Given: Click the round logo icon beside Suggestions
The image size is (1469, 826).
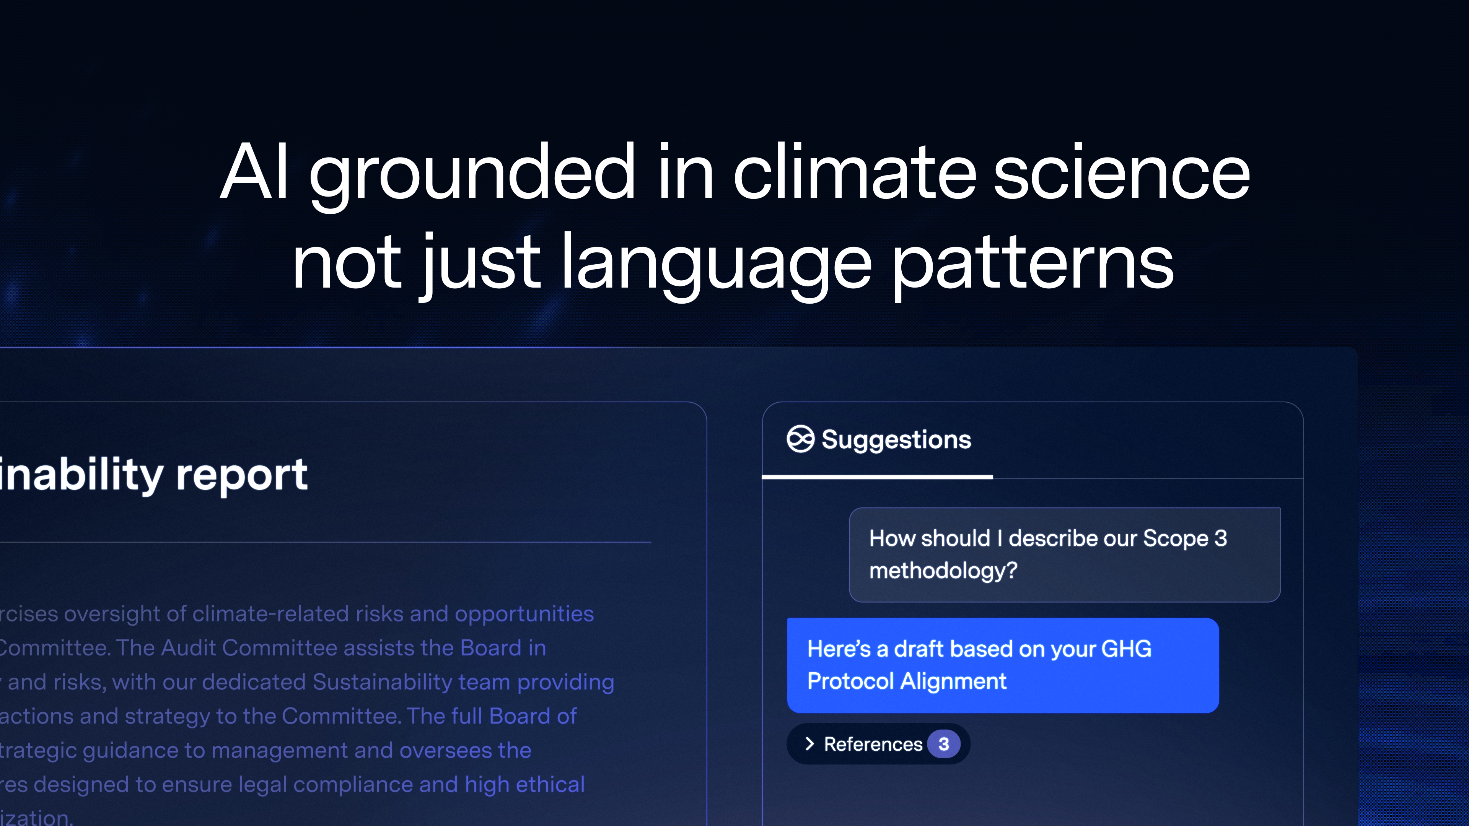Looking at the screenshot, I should pos(800,439).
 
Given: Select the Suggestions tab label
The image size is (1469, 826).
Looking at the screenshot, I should pos(896,439).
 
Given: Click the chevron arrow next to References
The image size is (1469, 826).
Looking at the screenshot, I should pos(809,744).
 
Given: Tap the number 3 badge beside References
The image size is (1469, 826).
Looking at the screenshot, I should pos(943,744).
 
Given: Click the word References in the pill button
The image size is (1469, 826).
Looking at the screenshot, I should pos(873,744).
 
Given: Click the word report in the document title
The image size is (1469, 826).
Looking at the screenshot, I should pos(242,474).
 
